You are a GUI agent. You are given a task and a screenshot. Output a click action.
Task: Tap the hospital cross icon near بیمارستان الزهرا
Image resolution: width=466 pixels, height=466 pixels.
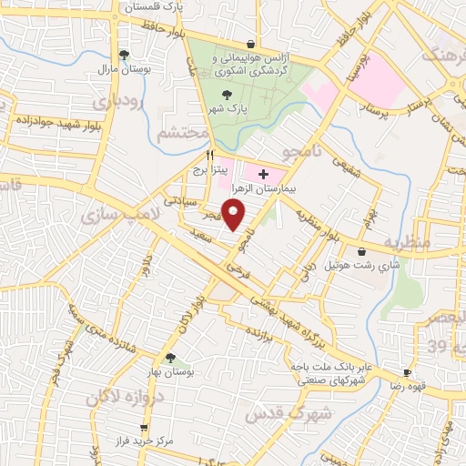click(x=264, y=173)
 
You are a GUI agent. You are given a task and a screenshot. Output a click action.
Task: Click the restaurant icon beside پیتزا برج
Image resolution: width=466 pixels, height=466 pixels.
click(x=210, y=155)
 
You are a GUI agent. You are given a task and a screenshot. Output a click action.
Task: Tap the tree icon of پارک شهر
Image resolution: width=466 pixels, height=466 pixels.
click(x=227, y=94)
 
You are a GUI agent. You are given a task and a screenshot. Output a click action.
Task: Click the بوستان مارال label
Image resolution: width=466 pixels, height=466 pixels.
click(x=122, y=69)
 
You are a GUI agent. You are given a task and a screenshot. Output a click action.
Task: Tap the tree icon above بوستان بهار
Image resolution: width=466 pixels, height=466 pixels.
click(x=170, y=358)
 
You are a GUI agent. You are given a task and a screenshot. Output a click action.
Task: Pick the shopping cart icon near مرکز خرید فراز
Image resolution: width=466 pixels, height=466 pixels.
click(x=143, y=428)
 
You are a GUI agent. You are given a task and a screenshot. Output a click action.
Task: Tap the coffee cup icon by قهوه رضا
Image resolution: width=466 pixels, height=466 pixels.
click(x=407, y=372)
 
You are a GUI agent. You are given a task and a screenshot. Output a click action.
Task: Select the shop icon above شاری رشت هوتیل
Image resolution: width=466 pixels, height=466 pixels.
click(x=362, y=251)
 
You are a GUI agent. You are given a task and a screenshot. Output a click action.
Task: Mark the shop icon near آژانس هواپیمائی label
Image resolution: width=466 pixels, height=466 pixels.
click(x=250, y=43)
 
